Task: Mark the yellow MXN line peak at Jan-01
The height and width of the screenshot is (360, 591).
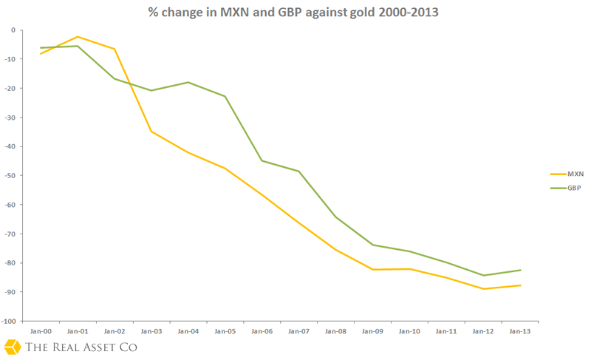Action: click(x=77, y=37)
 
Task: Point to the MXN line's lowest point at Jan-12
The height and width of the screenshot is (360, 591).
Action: click(x=483, y=288)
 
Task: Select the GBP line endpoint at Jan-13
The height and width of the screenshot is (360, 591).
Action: click(x=520, y=270)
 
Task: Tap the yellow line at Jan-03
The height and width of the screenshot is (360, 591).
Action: click(x=151, y=132)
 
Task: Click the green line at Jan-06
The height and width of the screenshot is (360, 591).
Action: click(x=262, y=160)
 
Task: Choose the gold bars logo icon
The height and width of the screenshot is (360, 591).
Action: click(x=12, y=347)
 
